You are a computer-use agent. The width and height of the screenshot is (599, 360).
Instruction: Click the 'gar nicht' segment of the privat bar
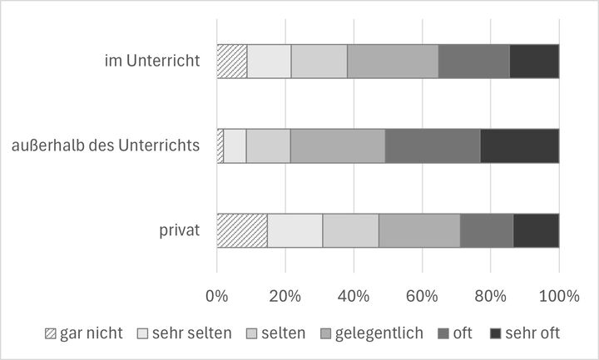(x=241, y=230)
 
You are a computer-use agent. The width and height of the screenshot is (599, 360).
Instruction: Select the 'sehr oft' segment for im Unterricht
(x=534, y=61)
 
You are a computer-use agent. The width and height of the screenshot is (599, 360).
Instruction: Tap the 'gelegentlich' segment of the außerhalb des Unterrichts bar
(x=338, y=145)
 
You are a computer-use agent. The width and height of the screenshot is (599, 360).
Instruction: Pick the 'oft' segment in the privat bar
(x=487, y=230)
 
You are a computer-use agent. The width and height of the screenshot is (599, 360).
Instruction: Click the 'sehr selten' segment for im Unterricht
(x=269, y=61)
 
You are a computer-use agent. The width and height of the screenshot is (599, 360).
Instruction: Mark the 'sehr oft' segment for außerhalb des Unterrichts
(x=520, y=145)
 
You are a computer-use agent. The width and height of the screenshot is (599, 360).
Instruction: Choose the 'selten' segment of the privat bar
(x=350, y=230)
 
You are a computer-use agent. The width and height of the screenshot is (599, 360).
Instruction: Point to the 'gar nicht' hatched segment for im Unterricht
(x=231, y=61)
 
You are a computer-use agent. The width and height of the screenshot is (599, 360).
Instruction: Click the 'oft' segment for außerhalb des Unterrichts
(x=433, y=145)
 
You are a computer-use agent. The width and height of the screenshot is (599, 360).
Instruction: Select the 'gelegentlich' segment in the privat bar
(x=419, y=230)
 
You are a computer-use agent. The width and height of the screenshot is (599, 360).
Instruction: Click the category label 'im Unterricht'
(x=152, y=61)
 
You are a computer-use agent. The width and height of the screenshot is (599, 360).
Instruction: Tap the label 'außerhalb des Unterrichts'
(x=106, y=145)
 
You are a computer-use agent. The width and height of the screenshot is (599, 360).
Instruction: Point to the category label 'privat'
(x=180, y=230)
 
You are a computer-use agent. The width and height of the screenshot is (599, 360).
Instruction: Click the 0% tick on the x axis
(x=216, y=294)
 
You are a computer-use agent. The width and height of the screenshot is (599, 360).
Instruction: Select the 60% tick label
(x=422, y=294)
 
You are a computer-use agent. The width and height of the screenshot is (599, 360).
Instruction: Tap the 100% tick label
(x=558, y=294)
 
